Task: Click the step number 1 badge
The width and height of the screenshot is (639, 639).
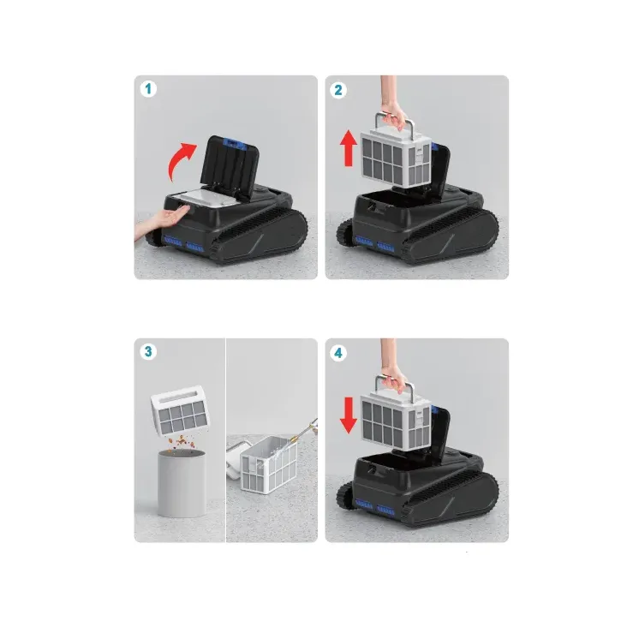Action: pos(147,89)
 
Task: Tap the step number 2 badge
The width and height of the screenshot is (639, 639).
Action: pos(338,89)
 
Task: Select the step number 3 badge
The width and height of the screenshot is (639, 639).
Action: pos(147,352)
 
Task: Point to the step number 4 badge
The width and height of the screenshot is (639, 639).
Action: pos(338,352)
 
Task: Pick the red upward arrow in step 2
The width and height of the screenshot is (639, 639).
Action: pos(348,147)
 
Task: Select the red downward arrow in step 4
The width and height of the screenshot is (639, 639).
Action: pos(348,414)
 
